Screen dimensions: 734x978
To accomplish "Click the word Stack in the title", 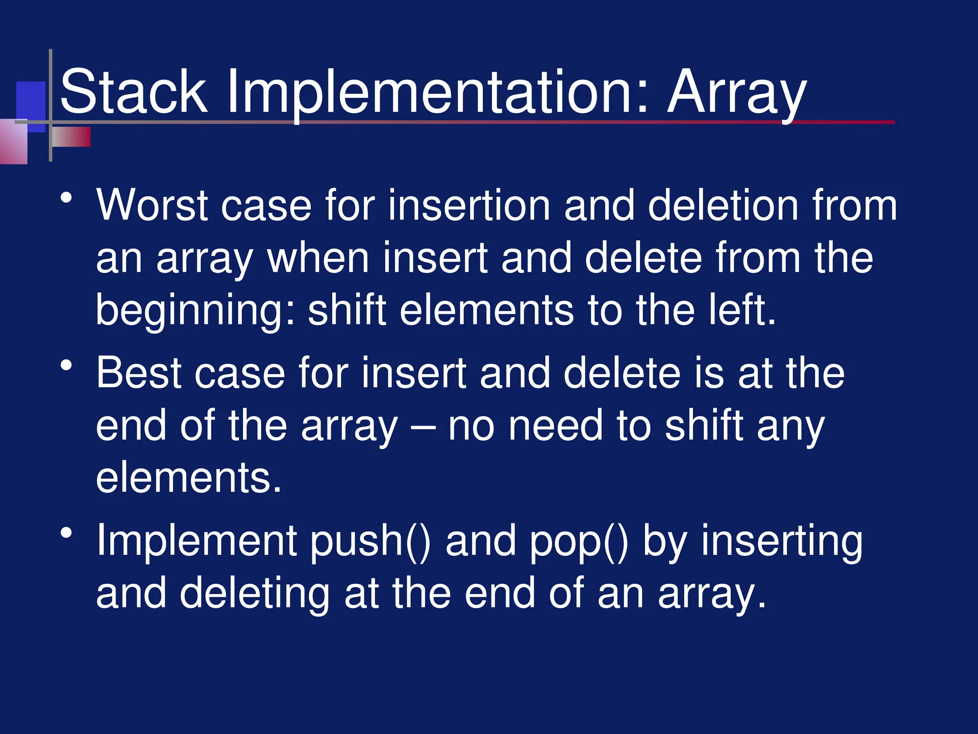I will click(134, 92).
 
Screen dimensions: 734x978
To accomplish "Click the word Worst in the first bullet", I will click(152, 205).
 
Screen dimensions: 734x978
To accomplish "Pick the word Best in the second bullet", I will click(138, 373).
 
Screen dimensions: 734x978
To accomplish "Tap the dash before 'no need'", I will click(423, 427).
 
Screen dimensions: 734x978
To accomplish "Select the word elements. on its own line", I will click(189, 478).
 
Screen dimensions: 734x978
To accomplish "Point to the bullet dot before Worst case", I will click(66, 198).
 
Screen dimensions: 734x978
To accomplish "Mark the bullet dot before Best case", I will click(66, 366).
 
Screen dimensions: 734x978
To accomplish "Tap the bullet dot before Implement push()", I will click(66, 533).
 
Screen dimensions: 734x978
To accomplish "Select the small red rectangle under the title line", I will click(72, 137).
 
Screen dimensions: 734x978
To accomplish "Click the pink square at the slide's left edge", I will click(13, 142).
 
